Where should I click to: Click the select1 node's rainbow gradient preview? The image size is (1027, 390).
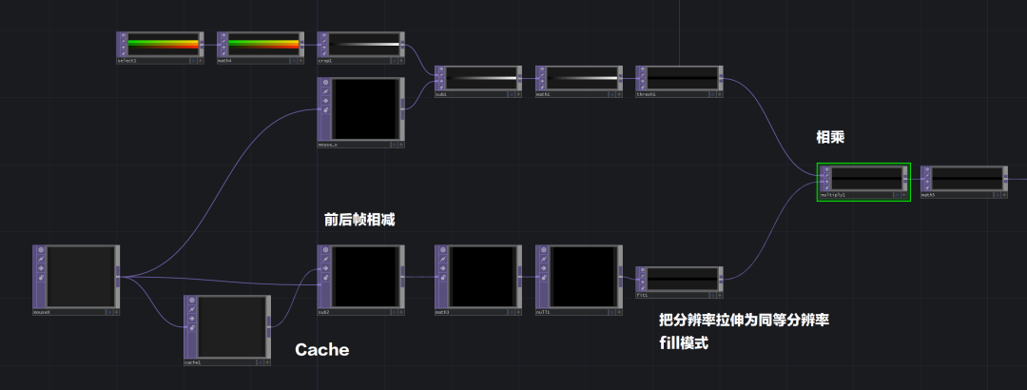163,44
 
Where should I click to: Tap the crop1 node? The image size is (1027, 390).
362,45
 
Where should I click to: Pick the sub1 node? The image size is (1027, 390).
481,78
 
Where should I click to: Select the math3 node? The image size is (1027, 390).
481,277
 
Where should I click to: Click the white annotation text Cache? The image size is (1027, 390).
321,350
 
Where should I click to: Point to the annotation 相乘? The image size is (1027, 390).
830,138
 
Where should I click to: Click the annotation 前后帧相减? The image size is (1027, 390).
358,219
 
